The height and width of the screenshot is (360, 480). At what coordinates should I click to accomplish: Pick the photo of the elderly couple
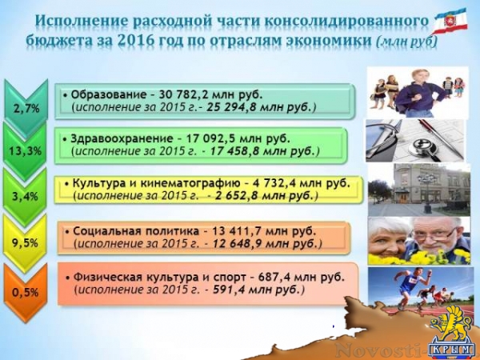point(418,238)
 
